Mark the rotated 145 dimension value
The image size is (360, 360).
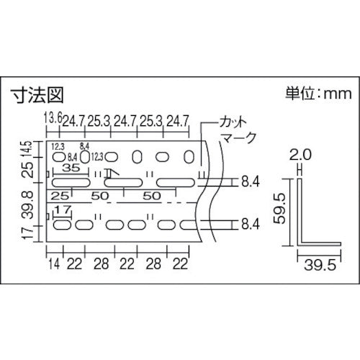(27, 150)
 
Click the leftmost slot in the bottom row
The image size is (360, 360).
(62, 225)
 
